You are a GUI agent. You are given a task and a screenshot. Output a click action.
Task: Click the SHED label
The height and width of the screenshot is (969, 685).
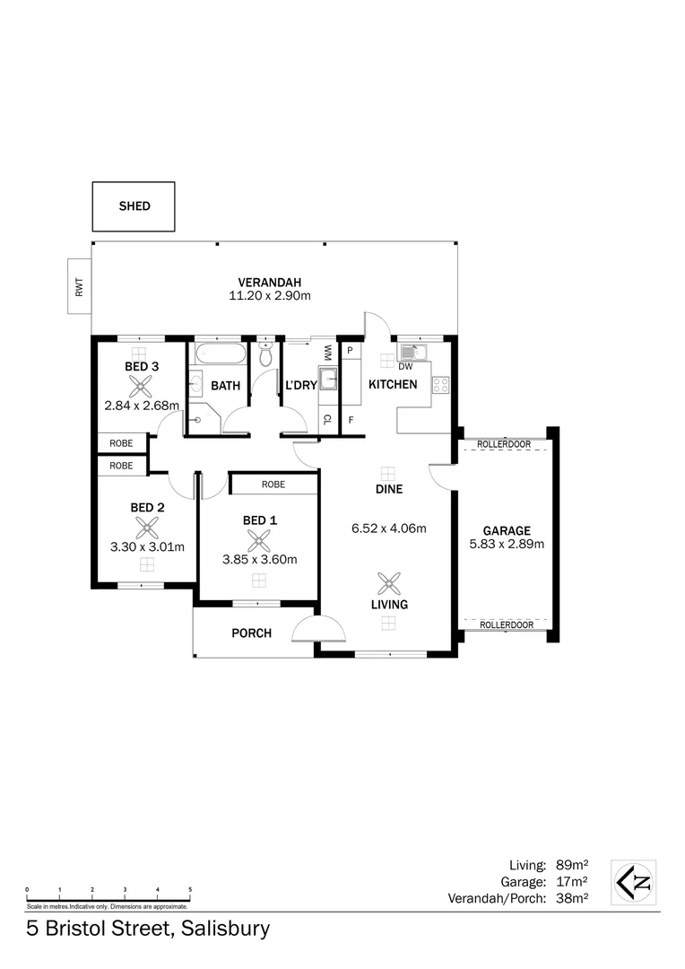click(134, 206)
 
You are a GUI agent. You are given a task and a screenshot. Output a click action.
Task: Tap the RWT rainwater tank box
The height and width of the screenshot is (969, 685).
click(79, 287)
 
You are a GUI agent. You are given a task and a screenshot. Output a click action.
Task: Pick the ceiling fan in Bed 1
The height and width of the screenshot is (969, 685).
click(259, 540)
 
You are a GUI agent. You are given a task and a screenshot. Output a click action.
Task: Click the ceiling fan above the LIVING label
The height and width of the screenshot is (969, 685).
click(389, 584)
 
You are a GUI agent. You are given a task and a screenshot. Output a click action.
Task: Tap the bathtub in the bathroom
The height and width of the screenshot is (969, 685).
click(219, 354)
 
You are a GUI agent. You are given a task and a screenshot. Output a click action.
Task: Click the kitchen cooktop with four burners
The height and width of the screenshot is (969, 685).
click(440, 385)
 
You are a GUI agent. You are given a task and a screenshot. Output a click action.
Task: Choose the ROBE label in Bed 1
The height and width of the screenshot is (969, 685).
click(273, 484)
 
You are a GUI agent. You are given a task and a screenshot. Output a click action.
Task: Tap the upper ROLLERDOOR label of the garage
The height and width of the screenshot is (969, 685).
click(504, 444)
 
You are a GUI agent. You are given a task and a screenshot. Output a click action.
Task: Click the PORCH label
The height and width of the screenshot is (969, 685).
click(252, 633)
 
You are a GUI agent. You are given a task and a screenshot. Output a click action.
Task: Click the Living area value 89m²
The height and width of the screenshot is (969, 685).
click(570, 866)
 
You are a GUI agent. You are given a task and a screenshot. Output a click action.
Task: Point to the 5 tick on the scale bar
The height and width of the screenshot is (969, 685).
click(190, 889)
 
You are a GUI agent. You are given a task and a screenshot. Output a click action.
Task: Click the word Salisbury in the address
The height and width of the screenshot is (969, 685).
click(221, 928)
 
